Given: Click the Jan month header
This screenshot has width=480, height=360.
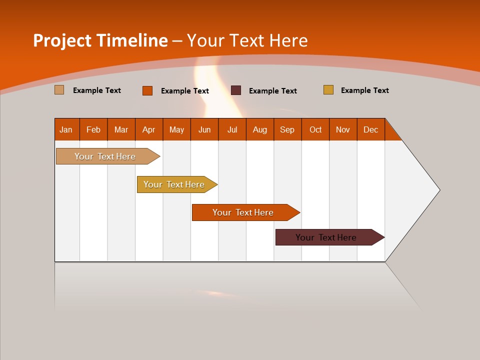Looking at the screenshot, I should [66, 129].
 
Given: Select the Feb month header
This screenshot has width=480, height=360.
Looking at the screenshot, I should [93, 129].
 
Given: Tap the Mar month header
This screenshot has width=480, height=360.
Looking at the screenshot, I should [121, 129].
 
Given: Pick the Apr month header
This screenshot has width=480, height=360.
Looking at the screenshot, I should [149, 129].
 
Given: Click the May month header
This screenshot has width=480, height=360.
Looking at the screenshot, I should [176, 129].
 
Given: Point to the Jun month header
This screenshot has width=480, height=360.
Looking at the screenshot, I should [204, 129].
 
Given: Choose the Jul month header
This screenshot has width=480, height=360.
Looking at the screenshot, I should [232, 129].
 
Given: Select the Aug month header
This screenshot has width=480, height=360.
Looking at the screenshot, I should [260, 129].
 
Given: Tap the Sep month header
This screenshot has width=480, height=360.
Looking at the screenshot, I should [287, 129].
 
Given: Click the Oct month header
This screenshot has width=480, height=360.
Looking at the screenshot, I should [315, 129].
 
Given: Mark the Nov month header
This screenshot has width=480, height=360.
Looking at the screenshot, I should [343, 129].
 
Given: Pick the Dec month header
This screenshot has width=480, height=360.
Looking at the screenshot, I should [371, 129].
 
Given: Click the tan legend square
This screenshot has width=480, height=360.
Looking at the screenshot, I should [59, 90].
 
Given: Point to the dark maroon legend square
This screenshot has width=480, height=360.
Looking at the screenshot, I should [236, 90].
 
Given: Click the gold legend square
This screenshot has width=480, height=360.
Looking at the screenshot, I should [328, 90].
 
